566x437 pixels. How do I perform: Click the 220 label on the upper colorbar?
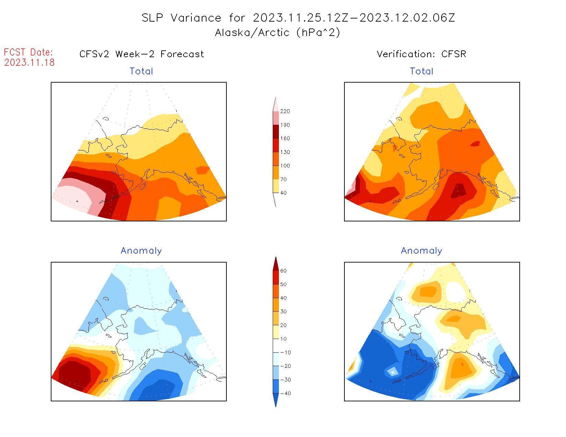pos(285,111)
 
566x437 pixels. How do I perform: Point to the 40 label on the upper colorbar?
pos(283,193)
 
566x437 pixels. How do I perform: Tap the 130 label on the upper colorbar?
pos(285,152)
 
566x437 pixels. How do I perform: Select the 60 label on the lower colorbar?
pos(283,271)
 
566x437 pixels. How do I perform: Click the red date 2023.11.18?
pos(30,62)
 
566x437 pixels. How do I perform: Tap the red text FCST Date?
pos(28,52)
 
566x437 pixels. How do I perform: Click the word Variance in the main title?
pos(196,18)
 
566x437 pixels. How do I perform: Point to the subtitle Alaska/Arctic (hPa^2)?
pos(278,33)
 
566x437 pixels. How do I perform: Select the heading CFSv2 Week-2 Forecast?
pos(142,54)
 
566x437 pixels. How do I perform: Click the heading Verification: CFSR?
pos(422,54)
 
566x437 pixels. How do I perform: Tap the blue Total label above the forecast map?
pos(141,71)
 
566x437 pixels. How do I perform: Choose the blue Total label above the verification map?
pos(422,71)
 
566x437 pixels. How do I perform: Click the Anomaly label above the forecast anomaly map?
pos(141,251)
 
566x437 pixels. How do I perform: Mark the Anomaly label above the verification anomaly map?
pos(422,251)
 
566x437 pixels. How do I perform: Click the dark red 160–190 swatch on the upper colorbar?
pos(276,132)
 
